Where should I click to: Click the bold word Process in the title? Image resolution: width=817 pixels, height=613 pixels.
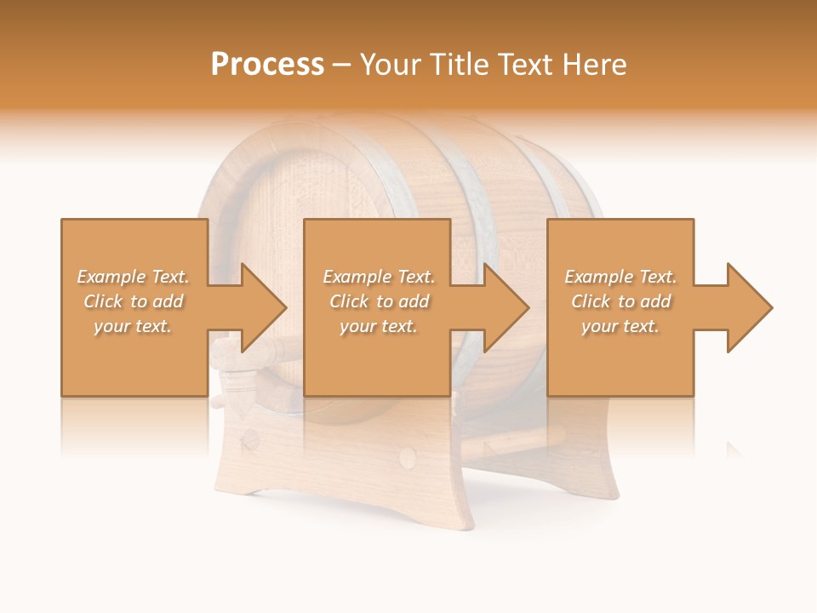click(267, 65)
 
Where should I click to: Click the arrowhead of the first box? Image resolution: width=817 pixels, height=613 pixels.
click(264, 307)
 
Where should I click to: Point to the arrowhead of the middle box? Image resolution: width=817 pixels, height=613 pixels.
click(506, 307)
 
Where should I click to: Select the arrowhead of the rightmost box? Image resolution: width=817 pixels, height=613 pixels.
click(750, 307)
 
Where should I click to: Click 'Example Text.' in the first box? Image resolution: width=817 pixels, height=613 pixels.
click(133, 277)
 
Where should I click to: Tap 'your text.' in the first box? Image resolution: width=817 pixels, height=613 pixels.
click(133, 326)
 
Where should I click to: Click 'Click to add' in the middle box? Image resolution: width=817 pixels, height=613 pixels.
click(379, 301)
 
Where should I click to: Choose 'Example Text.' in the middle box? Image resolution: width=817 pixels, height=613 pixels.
click(379, 277)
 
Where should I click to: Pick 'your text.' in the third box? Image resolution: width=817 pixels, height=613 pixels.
click(620, 326)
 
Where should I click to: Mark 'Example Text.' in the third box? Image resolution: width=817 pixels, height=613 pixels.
click(620, 277)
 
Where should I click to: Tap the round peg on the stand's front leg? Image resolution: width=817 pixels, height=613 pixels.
click(408, 460)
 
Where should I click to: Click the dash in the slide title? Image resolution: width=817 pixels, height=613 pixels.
click(342, 65)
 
